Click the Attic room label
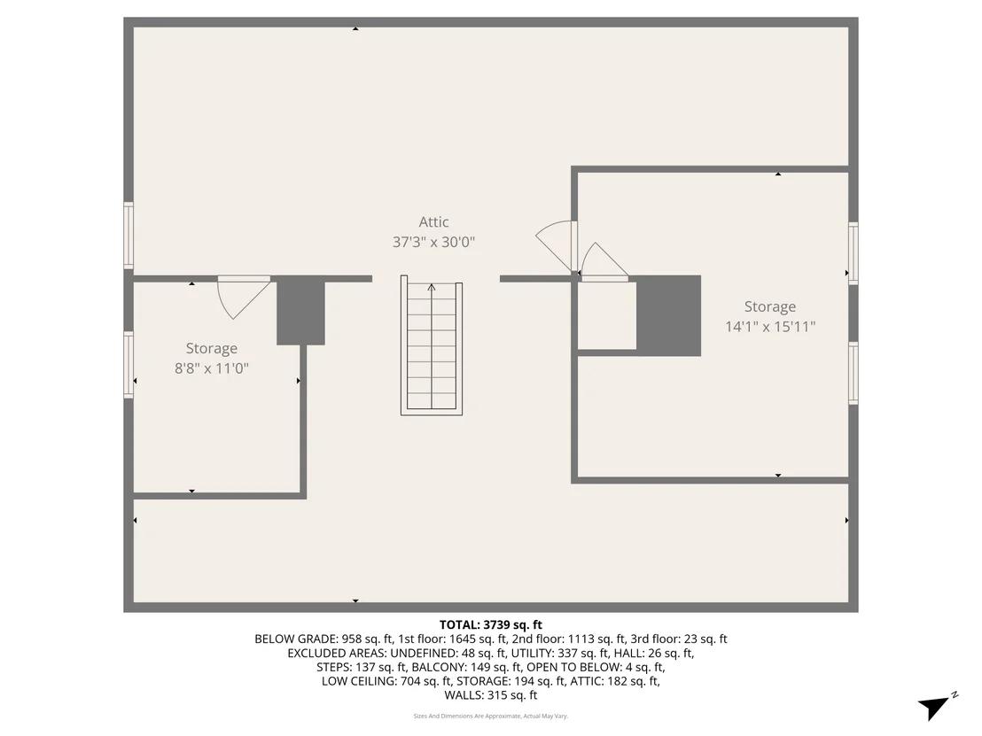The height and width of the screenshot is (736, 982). [433, 221]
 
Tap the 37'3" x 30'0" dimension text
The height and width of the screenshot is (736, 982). [433, 242]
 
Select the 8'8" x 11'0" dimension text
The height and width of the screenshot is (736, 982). [212, 368]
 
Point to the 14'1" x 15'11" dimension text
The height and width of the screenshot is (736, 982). [770, 326]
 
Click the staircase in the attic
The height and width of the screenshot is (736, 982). [432, 345]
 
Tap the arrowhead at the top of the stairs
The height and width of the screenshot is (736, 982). [432, 287]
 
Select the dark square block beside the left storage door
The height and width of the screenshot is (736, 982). [300, 310]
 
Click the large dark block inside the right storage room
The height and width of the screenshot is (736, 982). [668, 315]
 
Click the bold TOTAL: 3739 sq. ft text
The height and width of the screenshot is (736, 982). [491, 624]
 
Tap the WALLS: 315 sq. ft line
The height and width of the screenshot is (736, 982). [491, 694]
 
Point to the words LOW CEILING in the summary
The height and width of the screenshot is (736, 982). [360, 681]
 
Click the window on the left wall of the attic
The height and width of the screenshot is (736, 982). [129, 236]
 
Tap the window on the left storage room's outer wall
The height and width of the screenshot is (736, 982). [129, 365]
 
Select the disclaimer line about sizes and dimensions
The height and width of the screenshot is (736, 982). [491, 716]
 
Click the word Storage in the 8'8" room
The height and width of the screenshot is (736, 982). [212, 349]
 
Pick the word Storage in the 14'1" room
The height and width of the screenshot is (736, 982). [770, 306]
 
